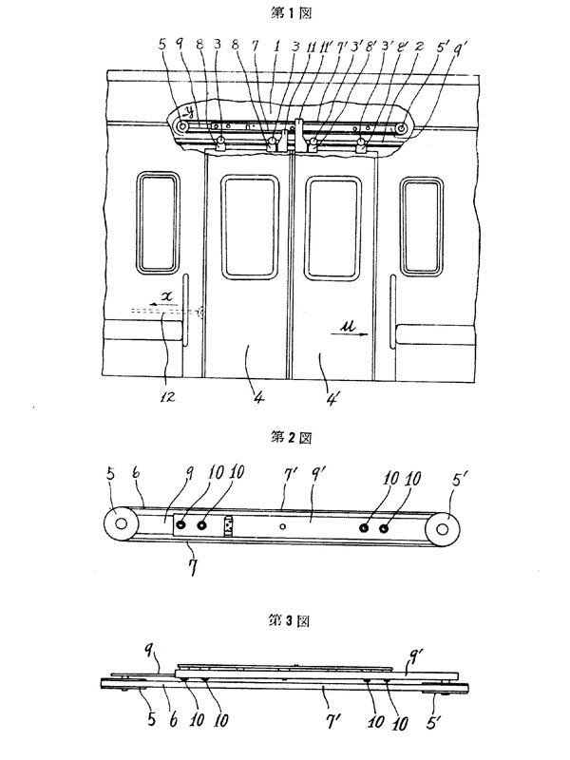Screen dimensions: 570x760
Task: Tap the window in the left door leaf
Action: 248,225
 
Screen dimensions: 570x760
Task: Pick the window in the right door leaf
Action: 334,225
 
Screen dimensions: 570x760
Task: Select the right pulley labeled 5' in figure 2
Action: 445,524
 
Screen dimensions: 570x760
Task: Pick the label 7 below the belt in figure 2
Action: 191,571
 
